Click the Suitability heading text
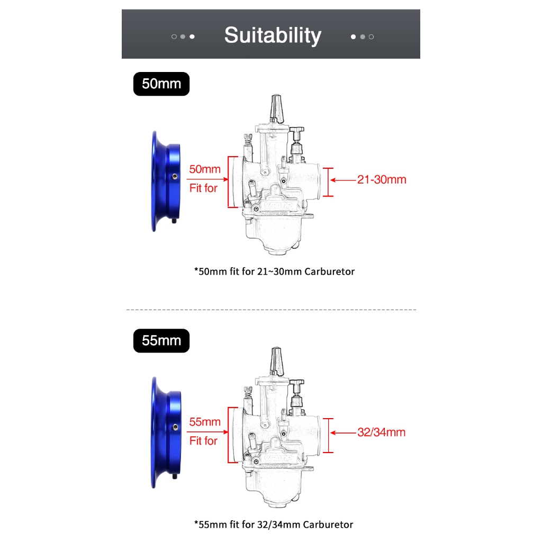coord(273,35)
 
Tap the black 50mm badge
coord(161,84)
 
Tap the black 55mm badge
coord(161,341)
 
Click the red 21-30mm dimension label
coord(382,180)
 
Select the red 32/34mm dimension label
coord(381,432)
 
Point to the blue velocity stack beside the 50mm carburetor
coord(166,181)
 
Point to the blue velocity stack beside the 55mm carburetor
coord(166,432)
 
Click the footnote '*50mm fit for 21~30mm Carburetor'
coord(275,272)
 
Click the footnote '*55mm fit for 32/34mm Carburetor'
coord(274,525)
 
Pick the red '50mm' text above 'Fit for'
coord(205,169)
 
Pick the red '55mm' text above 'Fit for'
coord(205,422)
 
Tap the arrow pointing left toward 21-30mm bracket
coord(343,180)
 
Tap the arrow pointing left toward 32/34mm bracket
coord(343,433)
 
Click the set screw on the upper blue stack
coord(175,177)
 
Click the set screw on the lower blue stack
coord(176,427)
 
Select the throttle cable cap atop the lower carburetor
coord(276,361)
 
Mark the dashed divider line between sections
coord(272,310)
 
